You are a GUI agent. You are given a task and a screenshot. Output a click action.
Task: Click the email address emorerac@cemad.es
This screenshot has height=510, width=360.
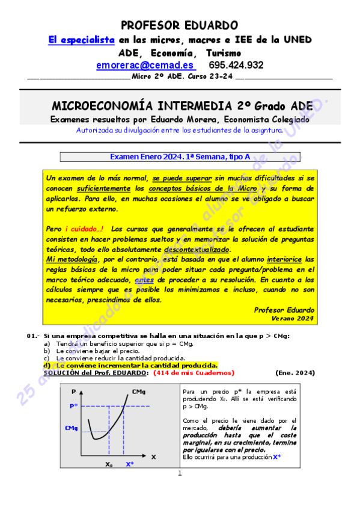(145, 65)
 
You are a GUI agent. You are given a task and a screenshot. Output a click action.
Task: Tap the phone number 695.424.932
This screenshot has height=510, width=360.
(236, 65)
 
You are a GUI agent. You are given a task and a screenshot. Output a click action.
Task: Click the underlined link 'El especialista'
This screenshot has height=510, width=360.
(81, 39)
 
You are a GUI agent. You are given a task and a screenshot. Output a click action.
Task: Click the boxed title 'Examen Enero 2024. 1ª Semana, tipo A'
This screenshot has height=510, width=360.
(180, 157)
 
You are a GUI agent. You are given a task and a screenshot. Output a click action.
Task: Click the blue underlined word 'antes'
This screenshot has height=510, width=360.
(144, 280)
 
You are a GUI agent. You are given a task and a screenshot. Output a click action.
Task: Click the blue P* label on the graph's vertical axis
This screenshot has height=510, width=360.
(73, 406)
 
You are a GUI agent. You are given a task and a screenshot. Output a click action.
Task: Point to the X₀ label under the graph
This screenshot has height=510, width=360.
(109, 464)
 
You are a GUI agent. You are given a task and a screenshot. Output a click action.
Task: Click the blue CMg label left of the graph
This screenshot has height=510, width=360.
(72, 428)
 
